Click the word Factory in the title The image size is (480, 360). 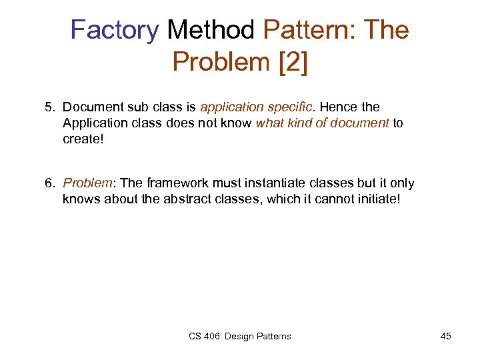(x=115, y=30)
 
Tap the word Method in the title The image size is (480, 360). (x=211, y=30)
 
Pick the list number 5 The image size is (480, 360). (x=49, y=107)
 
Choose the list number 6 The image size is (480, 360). (x=49, y=183)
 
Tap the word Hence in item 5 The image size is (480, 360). (x=339, y=107)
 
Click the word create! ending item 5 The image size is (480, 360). (x=81, y=139)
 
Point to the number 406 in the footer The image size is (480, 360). (x=211, y=336)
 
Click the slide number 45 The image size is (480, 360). (x=446, y=336)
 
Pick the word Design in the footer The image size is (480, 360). (x=241, y=336)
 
